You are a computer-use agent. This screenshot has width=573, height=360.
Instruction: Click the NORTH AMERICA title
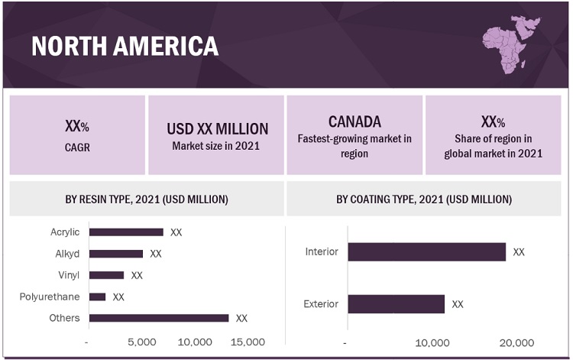[125, 47]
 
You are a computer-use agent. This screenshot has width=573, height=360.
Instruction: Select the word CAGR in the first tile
[77, 148]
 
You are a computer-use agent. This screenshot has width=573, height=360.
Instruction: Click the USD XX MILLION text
[217, 128]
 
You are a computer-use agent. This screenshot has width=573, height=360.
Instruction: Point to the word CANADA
[354, 122]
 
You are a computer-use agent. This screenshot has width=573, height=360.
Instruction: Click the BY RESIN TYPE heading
[147, 199]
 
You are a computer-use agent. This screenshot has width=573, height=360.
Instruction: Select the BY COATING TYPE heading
[424, 199]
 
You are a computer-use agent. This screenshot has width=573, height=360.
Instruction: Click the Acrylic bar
[126, 232]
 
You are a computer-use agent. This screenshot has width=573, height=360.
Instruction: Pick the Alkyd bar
[116, 254]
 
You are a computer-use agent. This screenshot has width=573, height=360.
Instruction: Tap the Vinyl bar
[106, 275]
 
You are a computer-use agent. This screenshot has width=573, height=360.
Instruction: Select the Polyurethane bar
[97, 297]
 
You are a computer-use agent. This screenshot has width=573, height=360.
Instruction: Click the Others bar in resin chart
[159, 318]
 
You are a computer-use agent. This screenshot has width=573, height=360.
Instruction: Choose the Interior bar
[426, 251]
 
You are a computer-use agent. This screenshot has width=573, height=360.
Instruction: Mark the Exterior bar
[396, 303]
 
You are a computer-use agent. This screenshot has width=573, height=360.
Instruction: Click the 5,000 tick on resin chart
[142, 342]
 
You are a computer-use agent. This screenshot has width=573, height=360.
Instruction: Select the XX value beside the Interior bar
[519, 251]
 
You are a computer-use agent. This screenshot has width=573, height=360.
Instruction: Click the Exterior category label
[321, 303]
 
